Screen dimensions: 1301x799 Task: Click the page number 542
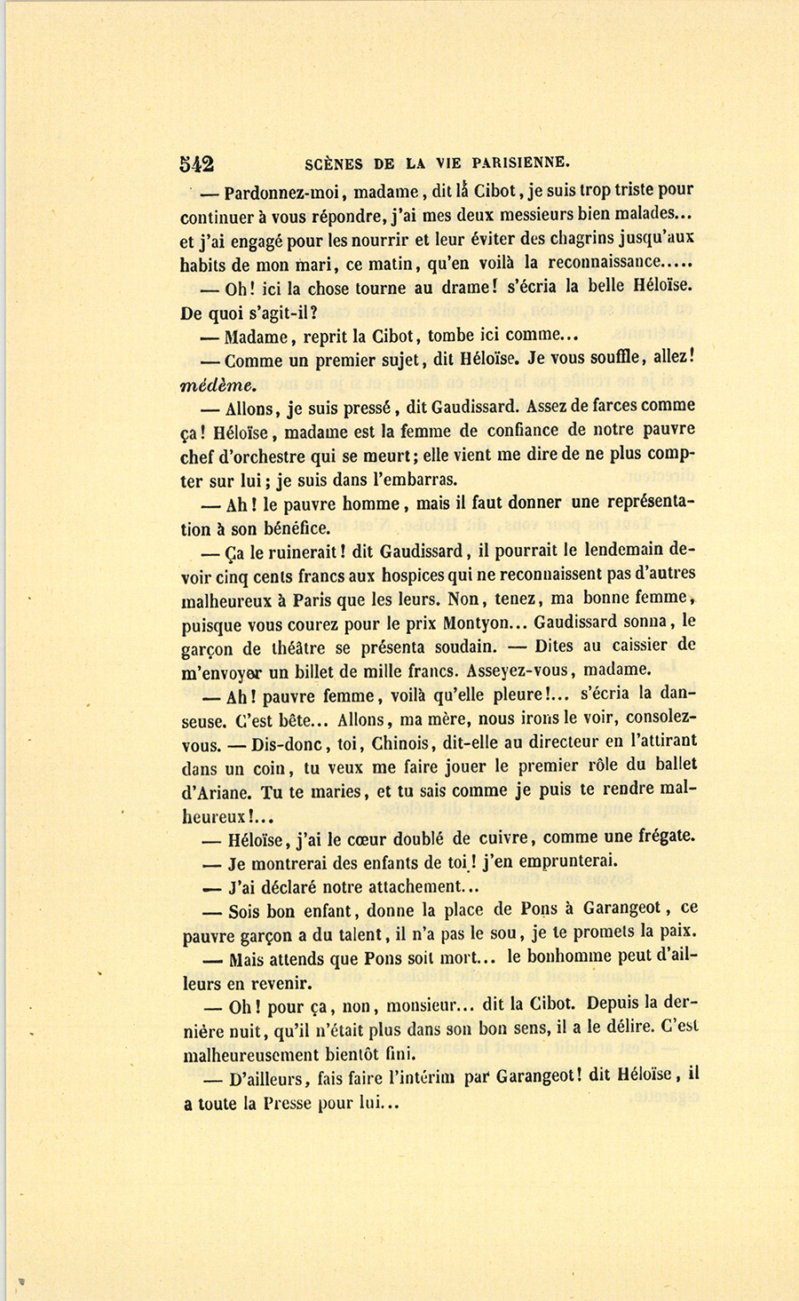(x=196, y=163)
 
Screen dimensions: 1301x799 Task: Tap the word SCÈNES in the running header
(x=334, y=163)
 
